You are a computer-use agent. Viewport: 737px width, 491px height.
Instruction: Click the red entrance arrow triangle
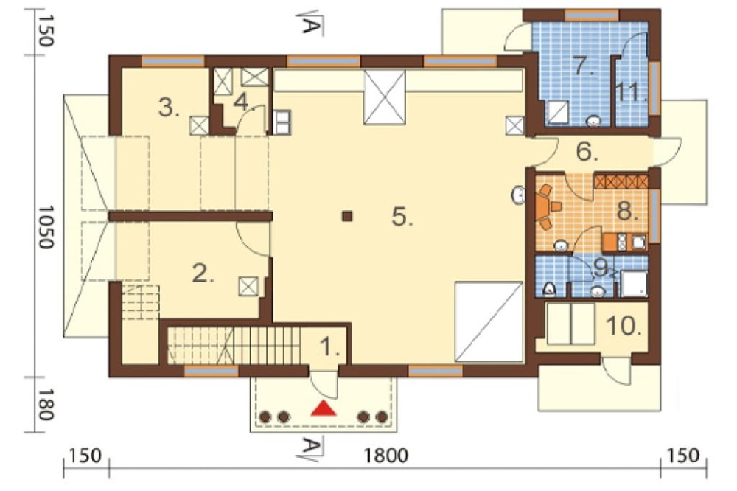tap(324, 408)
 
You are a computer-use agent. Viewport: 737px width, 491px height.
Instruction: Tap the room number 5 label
tap(403, 217)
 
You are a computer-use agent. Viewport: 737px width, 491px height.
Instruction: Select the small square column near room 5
tap(347, 216)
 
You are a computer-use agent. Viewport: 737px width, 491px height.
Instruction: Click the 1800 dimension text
tap(386, 456)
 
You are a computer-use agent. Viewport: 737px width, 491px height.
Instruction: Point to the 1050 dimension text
tap(46, 226)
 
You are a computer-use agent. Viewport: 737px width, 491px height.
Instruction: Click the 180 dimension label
tap(46, 404)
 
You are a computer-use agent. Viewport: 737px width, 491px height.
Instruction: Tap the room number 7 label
tap(584, 66)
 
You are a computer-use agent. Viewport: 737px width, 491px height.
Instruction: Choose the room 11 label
tap(632, 92)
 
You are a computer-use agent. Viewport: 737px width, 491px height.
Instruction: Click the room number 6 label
tap(587, 151)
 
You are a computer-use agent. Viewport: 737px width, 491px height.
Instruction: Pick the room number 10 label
tap(624, 325)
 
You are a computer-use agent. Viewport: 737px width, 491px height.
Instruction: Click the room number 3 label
tap(169, 108)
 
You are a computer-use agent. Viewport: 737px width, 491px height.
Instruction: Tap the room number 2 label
tap(203, 274)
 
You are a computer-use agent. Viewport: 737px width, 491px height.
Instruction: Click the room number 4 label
tap(241, 102)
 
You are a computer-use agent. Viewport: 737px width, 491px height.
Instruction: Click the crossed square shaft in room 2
tap(248, 286)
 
